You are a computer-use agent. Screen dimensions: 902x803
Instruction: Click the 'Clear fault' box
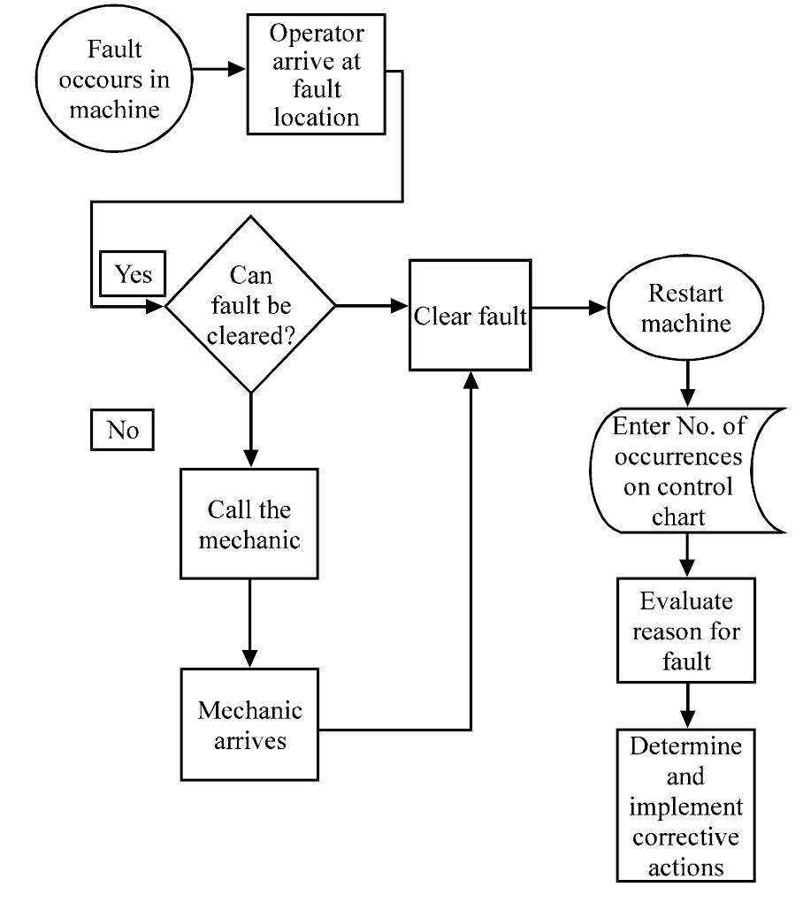pyautogui.click(x=470, y=316)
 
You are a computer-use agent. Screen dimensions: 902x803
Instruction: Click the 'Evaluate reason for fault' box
pyautogui.click(x=685, y=631)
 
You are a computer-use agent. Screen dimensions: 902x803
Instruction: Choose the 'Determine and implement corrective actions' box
pyautogui.click(x=685, y=806)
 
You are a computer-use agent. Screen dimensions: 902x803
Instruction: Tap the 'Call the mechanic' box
pyautogui.click(x=249, y=525)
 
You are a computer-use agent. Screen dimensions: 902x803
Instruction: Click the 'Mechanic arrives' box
pyautogui.click(x=249, y=723)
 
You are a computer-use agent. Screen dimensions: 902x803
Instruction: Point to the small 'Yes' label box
pyautogui.click(x=134, y=275)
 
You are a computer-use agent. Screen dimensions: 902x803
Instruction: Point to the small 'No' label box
pyautogui.click(x=122, y=430)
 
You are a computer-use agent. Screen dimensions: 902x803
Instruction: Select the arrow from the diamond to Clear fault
pyautogui.click(x=371, y=306)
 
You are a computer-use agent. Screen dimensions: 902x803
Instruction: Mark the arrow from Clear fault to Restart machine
pyautogui.click(x=569, y=310)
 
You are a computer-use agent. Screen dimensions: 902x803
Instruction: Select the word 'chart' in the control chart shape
pyautogui.click(x=678, y=516)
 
